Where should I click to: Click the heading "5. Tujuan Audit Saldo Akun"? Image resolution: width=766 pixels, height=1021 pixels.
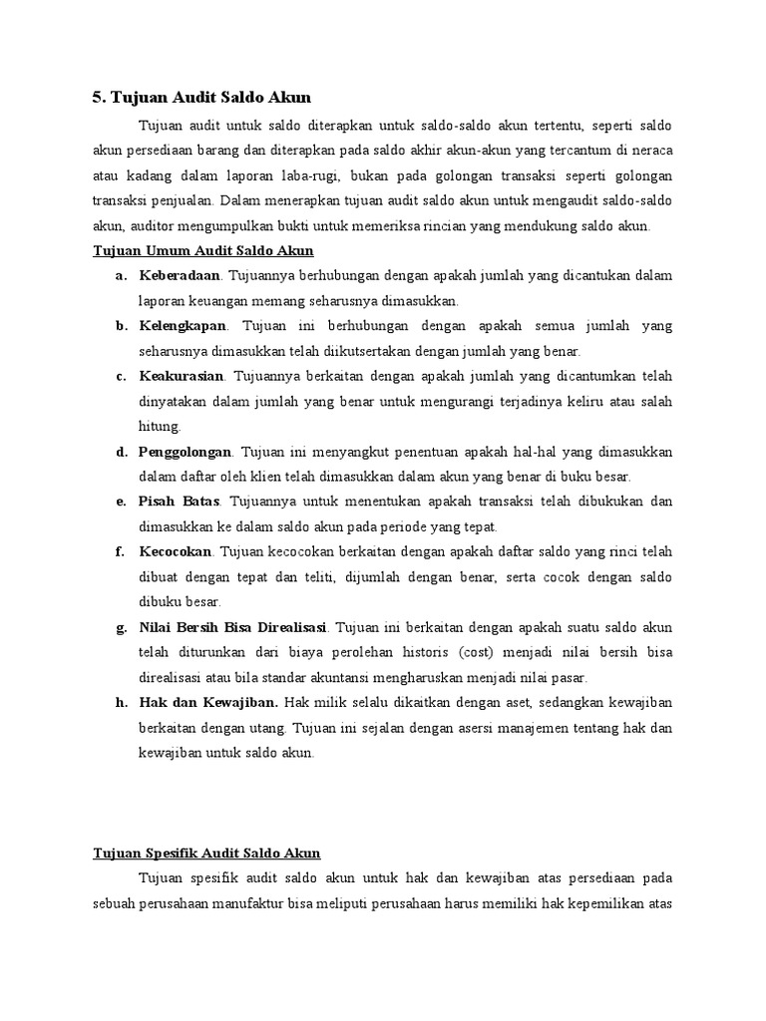tap(201, 97)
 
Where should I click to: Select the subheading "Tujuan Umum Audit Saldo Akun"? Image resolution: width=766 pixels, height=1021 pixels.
tap(202, 250)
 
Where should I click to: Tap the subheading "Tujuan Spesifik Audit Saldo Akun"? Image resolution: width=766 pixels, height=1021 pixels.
tap(205, 852)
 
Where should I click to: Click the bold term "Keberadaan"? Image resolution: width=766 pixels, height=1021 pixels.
tap(179, 275)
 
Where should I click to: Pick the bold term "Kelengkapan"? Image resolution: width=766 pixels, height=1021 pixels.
tap(183, 326)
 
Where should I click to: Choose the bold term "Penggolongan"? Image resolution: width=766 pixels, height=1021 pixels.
tap(185, 452)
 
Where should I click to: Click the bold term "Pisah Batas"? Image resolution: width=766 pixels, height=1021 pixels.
tap(179, 502)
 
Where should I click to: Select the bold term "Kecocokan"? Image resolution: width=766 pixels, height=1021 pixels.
tap(175, 551)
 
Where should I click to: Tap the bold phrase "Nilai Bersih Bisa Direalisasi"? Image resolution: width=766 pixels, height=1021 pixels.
tap(233, 627)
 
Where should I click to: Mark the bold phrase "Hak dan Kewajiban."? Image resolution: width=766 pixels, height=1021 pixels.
tap(208, 703)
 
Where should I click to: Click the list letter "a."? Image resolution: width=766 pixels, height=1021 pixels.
tap(121, 275)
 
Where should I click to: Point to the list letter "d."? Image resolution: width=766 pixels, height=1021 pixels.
tap(121, 452)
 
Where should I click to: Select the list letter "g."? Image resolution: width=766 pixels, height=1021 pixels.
tap(121, 627)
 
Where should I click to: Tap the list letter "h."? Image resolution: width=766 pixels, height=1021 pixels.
tap(121, 703)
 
